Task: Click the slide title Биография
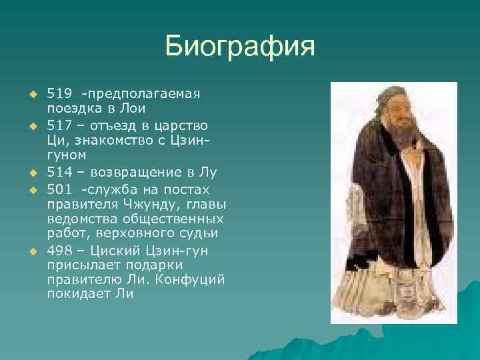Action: tap(239, 47)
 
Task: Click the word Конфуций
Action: tap(190, 278)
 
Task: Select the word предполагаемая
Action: tap(147, 93)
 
